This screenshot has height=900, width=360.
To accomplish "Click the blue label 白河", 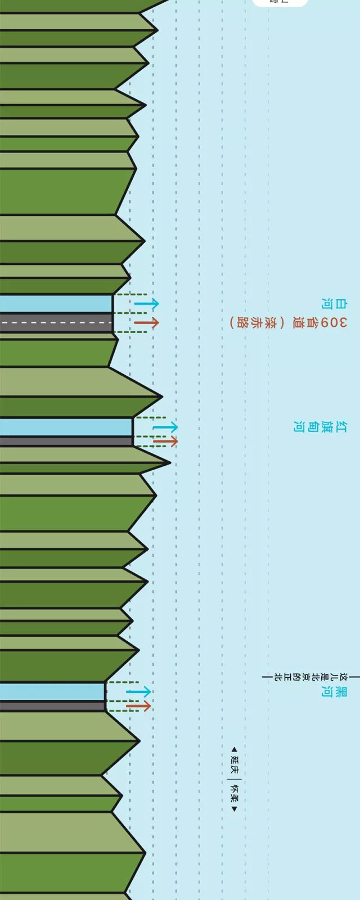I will tap(326, 304).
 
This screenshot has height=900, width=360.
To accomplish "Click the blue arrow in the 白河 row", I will tap(146, 304).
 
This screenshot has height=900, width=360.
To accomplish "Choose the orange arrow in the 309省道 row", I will tap(146, 323).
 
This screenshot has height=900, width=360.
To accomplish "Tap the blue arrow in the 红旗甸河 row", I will tap(165, 427).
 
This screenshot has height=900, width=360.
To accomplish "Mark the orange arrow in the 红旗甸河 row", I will tap(165, 442).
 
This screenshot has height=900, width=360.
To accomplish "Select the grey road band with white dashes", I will tap(56, 322).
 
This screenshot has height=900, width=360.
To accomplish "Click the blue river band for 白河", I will tap(56, 304).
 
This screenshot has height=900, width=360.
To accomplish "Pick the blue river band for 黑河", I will tap(52, 691).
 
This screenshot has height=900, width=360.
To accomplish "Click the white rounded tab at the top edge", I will tap(280, 2).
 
